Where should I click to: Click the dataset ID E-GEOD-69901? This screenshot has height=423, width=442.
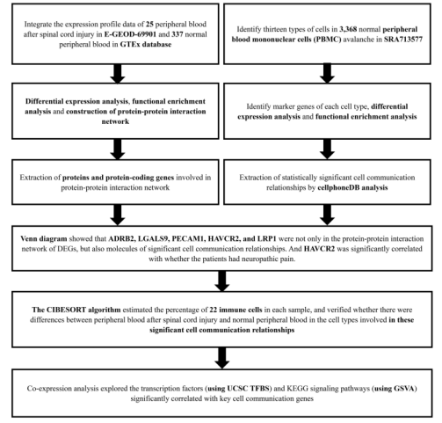[x=130, y=34]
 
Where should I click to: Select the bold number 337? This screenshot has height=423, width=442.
[x=178, y=34]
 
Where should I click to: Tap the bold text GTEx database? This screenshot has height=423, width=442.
[x=146, y=45]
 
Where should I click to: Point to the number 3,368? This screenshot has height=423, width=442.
[x=348, y=29]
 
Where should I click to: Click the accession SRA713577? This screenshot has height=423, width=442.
[x=403, y=40]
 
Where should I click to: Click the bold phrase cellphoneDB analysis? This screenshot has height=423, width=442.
[x=352, y=187]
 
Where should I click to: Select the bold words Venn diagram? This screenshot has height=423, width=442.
[x=44, y=239]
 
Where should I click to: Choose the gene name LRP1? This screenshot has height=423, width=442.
[x=266, y=239]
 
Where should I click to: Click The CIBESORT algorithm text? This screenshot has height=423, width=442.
[x=76, y=310]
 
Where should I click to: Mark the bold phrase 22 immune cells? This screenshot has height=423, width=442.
[x=235, y=310]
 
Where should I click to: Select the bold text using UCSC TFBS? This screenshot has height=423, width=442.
[x=238, y=389]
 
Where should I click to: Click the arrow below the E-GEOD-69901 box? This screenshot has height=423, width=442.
[x=118, y=74]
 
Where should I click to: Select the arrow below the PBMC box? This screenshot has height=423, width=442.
[x=327, y=74]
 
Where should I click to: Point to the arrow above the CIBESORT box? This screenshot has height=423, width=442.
[x=222, y=281]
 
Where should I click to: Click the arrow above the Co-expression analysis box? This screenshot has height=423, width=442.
[x=222, y=358]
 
